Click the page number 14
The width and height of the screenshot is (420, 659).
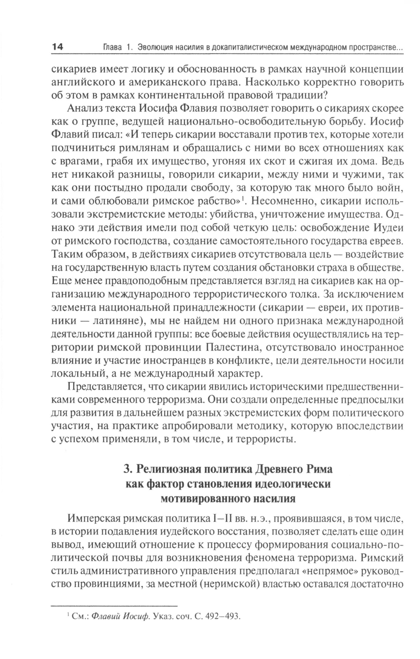(x=57, y=47)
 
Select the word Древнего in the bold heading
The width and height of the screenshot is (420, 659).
(x=278, y=469)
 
